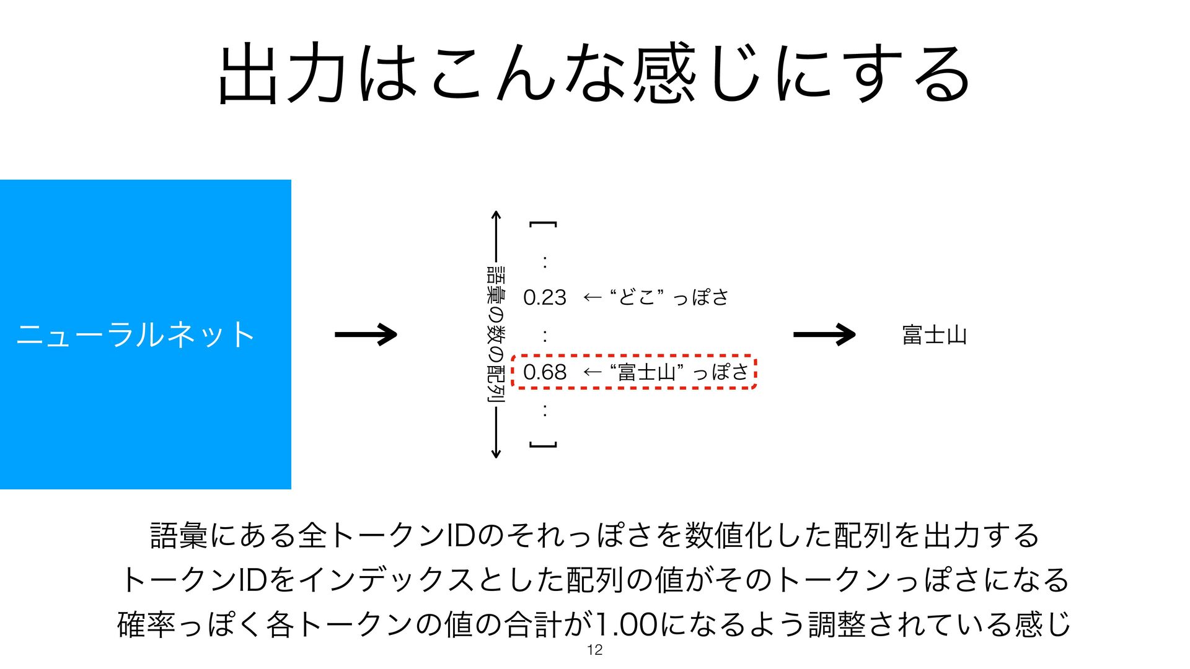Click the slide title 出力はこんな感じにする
(595, 73)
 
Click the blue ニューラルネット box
(145, 334)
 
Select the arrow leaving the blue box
(366, 334)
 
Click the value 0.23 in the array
(544, 298)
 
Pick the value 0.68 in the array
(544, 372)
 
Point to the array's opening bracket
(543, 224)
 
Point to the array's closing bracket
(543, 445)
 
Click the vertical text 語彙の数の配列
(496, 334)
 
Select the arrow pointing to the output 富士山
(824, 334)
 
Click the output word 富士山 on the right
(934, 335)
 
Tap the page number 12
(594, 650)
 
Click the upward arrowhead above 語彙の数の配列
(496, 216)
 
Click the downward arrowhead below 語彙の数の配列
(496, 453)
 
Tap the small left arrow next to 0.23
(592, 298)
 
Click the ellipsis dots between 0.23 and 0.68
(544, 336)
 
